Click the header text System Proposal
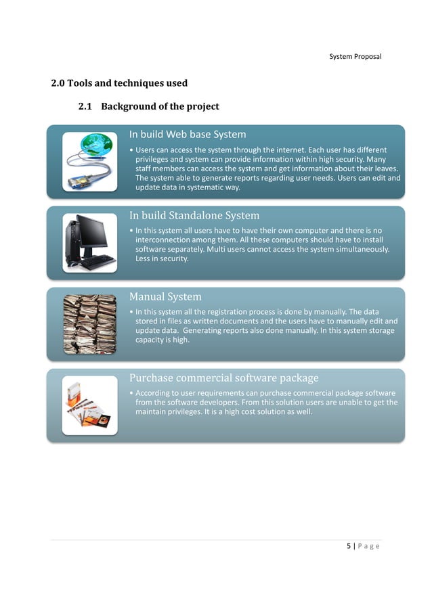355,56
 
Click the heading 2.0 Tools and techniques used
119,83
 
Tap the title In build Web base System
188,134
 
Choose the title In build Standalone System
194,216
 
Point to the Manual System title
165,296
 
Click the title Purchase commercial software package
223,378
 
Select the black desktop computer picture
89,243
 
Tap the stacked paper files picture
89,324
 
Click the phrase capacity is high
163,340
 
